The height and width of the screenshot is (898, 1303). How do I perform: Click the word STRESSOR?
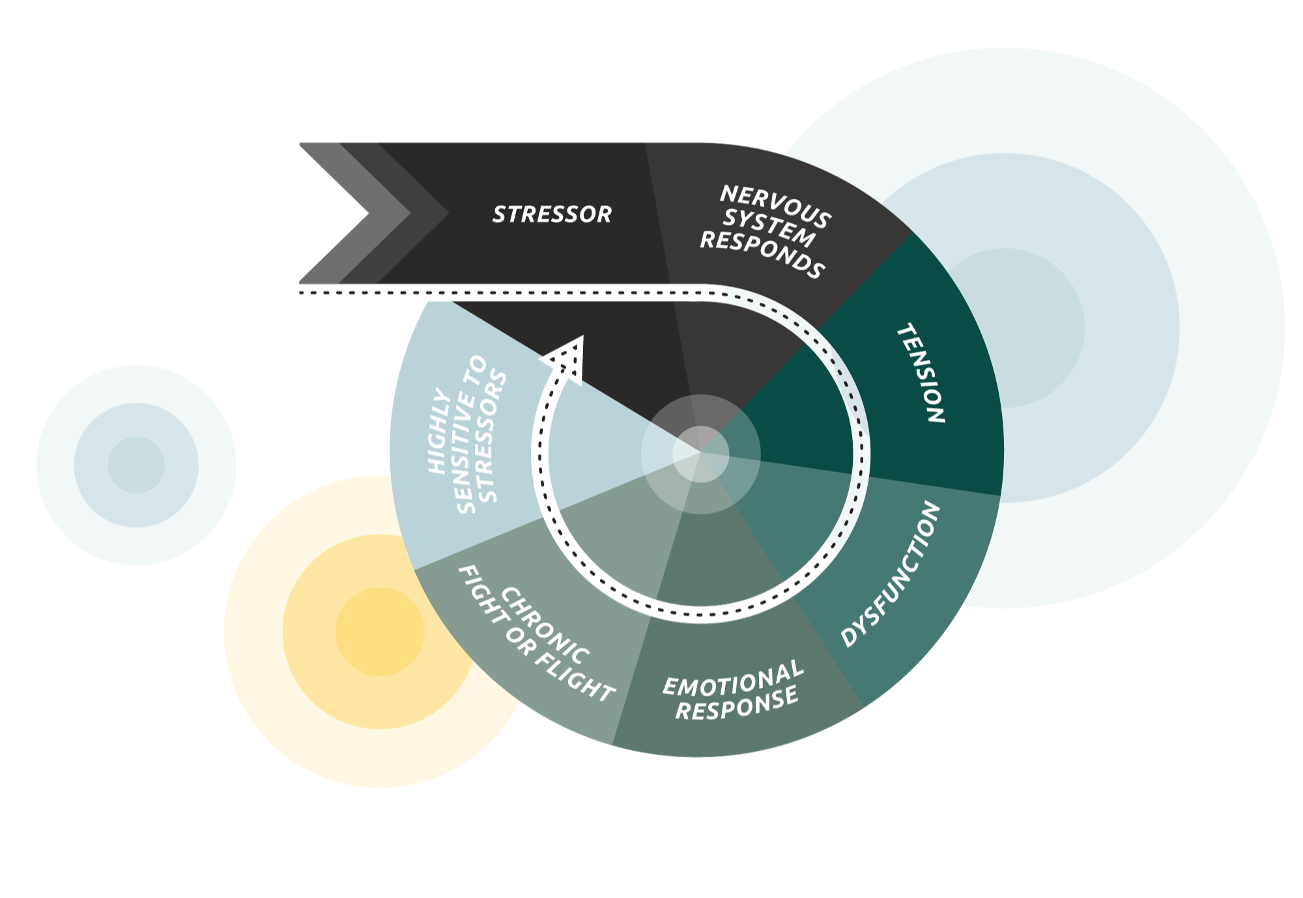[552, 214]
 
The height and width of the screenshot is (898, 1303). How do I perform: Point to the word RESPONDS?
[762, 254]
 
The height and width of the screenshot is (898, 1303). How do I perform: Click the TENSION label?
[921, 374]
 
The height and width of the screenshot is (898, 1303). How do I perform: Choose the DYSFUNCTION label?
[891, 574]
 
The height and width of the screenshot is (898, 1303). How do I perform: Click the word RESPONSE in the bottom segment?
[737, 705]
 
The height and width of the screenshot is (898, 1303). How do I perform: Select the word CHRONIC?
[545, 624]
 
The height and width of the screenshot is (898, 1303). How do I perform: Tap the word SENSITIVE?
[470, 434]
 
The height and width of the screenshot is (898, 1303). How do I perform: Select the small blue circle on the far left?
[136, 465]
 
